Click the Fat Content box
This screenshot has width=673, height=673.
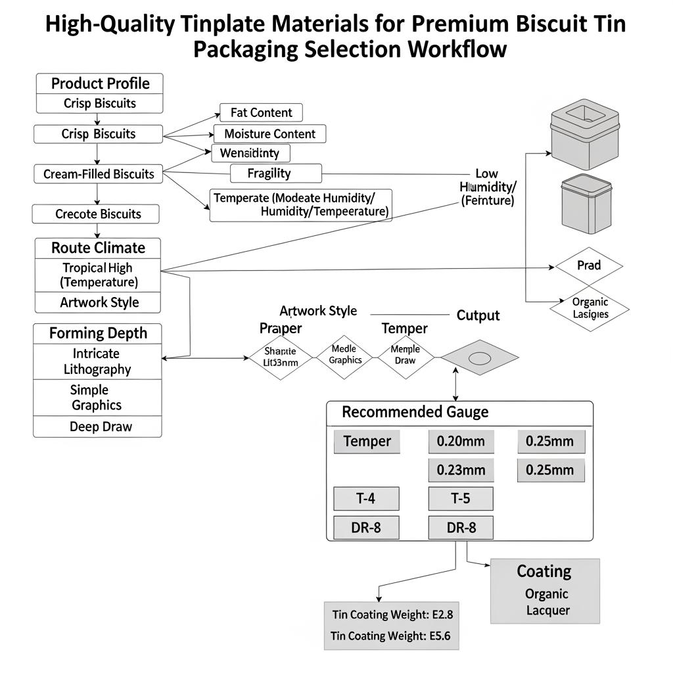(x=261, y=112)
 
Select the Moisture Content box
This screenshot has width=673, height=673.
(x=269, y=134)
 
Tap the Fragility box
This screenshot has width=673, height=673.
(x=275, y=174)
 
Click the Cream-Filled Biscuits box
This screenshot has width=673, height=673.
(x=98, y=174)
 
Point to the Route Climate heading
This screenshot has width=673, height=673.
(x=97, y=248)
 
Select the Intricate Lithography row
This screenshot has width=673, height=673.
(x=97, y=361)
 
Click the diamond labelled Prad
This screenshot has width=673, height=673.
(x=589, y=266)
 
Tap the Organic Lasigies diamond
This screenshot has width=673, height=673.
(x=590, y=308)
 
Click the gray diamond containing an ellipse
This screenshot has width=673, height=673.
(x=479, y=358)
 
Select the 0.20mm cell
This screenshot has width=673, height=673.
(x=461, y=442)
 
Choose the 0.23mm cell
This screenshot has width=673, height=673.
(x=461, y=470)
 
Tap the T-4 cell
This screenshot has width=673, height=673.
(x=366, y=499)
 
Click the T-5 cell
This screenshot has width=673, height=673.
(x=461, y=499)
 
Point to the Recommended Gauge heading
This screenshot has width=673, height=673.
(x=415, y=412)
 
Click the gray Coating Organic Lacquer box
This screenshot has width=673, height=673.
(x=545, y=591)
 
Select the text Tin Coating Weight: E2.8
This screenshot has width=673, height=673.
(x=392, y=615)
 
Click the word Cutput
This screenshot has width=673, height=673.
(x=478, y=315)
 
